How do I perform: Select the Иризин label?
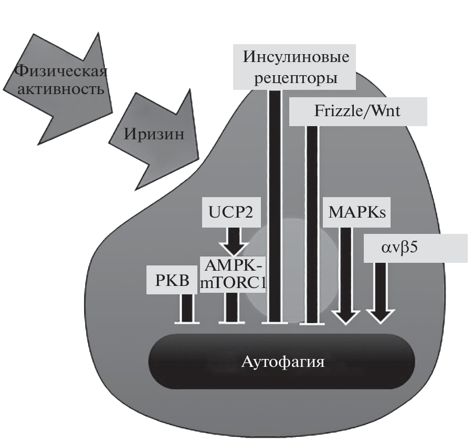coord(154,134)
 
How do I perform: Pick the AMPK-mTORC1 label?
coord(232,274)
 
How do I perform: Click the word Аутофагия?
coord(282,362)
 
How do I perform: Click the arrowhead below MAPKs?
coord(346,317)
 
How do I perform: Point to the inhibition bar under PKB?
coord(186,320)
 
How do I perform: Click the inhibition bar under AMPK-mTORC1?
coord(232,320)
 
